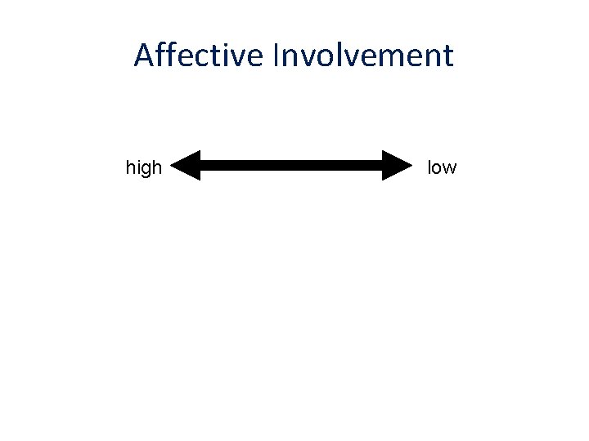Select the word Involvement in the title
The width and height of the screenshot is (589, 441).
[x=363, y=56]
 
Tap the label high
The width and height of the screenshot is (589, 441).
[x=144, y=168]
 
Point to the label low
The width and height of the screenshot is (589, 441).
[x=442, y=167]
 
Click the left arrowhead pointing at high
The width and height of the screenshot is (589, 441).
[x=187, y=165]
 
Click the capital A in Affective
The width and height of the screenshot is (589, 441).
[x=145, y=56]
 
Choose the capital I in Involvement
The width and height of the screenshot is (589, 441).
[x=277, y=56]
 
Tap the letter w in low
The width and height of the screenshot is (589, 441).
[x=450, y=168]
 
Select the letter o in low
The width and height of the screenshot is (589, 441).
[x=438, y=168]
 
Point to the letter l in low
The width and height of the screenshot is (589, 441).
[x=429, y=167]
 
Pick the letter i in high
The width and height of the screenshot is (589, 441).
[x=137, y=167]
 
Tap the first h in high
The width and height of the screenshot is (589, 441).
[x=130, y=167]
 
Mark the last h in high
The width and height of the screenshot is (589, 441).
[x=156, y=167]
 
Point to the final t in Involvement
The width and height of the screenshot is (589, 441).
[x=447, y=56]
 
